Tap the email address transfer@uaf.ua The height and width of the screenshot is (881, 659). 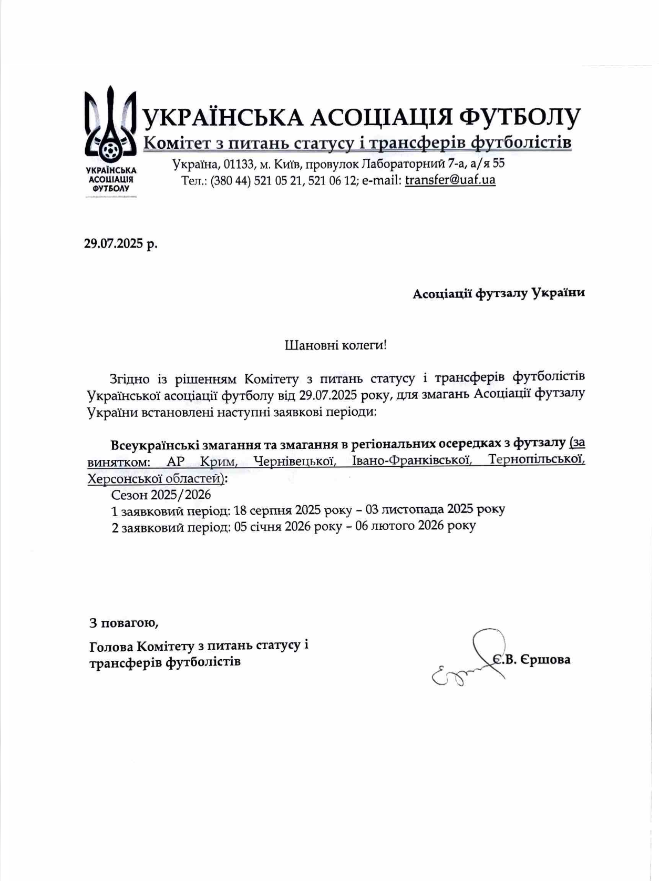(450, 180)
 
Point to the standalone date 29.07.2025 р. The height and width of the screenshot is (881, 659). (121, 244)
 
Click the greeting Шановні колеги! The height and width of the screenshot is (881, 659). (335, 345)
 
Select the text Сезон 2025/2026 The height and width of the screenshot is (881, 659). (161, 495)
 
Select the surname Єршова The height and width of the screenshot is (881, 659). (545, 660)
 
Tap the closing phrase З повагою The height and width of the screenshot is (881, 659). (124, 623)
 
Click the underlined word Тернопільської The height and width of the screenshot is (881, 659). (536, 460)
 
